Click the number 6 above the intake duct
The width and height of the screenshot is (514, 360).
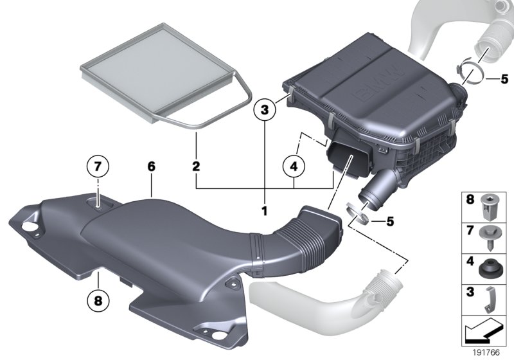(151, 166)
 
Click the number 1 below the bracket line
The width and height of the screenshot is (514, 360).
(263, 210)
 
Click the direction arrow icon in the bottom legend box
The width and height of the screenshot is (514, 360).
(485, 330)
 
